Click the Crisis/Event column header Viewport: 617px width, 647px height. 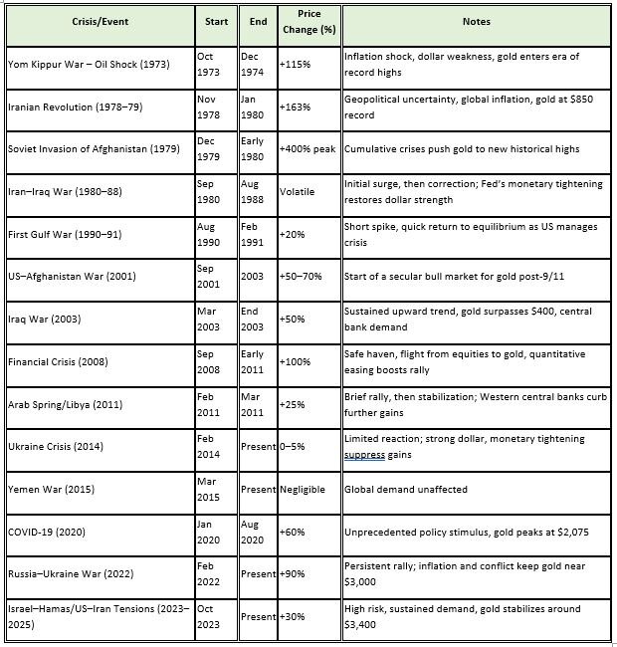point(104,21)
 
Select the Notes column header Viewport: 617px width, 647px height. point(476,21)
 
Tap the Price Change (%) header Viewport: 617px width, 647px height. point(309,22)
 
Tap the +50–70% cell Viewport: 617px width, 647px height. point(303,277)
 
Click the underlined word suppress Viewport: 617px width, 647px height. point(365,454)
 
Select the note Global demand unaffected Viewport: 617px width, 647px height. point(405,490)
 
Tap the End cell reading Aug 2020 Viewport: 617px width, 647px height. point(253,532)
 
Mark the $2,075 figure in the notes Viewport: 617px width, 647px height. point(570,532)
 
